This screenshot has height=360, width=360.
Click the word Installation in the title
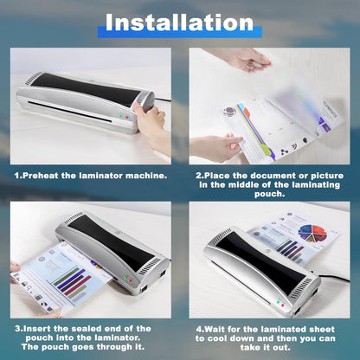[180, 22]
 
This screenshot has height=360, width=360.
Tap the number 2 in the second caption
[198, 175]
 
